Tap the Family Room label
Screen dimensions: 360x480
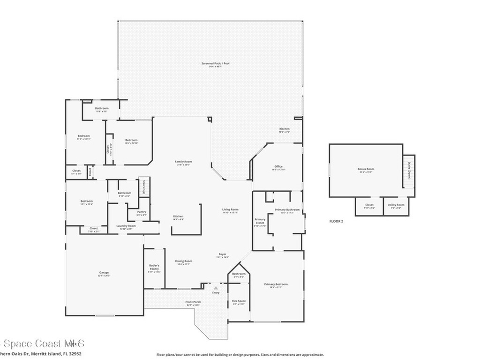pos(183,162)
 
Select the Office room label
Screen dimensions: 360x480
pos(278,166)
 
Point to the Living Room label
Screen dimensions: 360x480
pos(230,210)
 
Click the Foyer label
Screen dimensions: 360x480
pos(222,254)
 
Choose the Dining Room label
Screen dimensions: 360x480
pos(184,261)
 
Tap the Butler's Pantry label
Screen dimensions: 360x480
pos(154,267)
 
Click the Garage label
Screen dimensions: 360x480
pos(104,272)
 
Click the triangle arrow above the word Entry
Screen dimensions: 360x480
pos(216,288)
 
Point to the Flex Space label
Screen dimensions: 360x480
pos(239,301)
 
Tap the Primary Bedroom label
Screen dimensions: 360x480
pos(276,284)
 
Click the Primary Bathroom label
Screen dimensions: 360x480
pos(287,210)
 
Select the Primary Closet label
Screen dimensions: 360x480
pos(260,221)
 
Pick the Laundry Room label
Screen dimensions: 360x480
pos(126,226)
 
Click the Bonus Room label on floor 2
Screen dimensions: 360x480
pos(366,169)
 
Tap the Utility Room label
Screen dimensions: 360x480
pos(396,205)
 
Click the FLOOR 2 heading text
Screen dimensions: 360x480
pos(336,221)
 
